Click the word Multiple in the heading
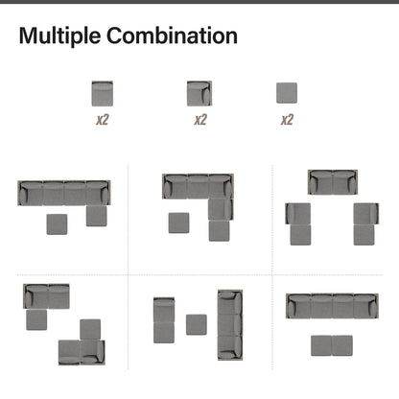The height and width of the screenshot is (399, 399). (59, 36)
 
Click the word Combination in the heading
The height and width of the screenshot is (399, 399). (172, 35)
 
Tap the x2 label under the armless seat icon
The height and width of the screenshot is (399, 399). (103, 120)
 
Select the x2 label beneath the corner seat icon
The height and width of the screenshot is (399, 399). (200, 120)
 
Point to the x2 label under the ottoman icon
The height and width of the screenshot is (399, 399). (287, 120)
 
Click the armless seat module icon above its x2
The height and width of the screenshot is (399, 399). (103, 93)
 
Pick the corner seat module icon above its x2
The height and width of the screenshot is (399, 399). (199, 93)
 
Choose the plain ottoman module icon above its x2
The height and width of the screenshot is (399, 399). (287, 93)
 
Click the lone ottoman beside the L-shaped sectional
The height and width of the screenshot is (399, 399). (178, 223)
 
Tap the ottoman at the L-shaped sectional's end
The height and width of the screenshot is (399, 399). (219, 230)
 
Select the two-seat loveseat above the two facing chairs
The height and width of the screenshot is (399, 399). (333, 182)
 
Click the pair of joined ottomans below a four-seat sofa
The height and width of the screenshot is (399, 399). (332, 345)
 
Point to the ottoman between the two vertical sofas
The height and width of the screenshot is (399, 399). (197, 325)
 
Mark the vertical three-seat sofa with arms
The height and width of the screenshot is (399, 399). (230, 325)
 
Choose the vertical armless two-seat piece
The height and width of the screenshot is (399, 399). (164, 320)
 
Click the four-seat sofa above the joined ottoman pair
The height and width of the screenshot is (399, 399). (332, 306)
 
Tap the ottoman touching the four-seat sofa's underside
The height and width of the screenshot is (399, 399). (97, 216)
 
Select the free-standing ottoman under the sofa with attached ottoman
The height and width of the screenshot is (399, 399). (57, 224)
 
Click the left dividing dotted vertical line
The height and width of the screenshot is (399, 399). (129, 268)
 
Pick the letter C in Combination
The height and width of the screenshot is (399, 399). (114, 35)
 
